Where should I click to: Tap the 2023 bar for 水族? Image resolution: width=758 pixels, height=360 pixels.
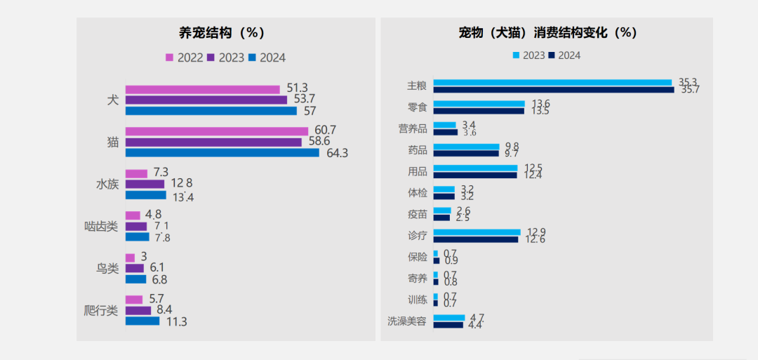pyautogui.click(x=145, y=184)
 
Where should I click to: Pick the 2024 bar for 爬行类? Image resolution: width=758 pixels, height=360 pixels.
pyautogui.click(x=142, y=321)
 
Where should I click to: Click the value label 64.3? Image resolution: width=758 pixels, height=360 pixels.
pyautogui.click(x=338, y=153)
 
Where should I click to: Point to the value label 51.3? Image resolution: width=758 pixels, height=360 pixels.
pyautogui.click(x=298, y=88)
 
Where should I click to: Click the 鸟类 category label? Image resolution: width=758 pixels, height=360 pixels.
pyautogui.click(x=107, y=268)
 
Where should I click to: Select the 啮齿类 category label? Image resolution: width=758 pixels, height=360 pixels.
pyautogui.click(x=101, y=226)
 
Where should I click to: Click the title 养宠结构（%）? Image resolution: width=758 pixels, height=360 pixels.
pyautogui.click(x=222, y=32)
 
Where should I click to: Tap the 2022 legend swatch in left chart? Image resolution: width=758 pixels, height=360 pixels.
pyautogui.click(x=169, y=58)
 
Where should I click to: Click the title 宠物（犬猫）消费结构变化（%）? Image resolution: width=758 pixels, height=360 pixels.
pyautogui.click(x=547, y=32)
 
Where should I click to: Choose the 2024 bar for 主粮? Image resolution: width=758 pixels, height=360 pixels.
pyautogui.click(x=553, y=89)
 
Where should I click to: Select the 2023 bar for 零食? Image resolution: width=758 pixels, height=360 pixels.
pyautogui.click(x=479, y=104)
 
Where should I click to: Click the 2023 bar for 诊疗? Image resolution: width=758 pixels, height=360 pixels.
pyautogui.click(x=477, y=232)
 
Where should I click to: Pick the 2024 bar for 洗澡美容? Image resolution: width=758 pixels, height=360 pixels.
pyautogui.click(x=448, y=324)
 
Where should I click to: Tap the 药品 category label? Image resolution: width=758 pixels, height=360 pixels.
pyautogui.click(x=417, y=149)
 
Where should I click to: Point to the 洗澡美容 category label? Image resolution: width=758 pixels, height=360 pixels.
pyautogui.click(x=406, y=321)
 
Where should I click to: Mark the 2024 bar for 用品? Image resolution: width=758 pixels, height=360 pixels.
pyautogui.click(x=474, y=175)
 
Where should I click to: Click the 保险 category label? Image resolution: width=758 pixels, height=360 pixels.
pyautogui.click(x=417, y=257)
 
